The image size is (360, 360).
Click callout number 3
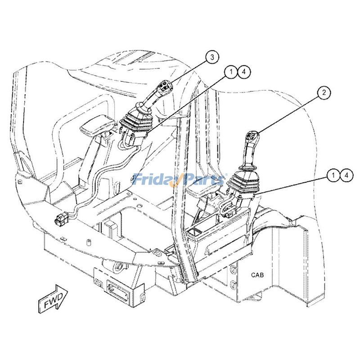212,57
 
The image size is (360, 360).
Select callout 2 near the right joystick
324,93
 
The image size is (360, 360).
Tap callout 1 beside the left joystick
231,72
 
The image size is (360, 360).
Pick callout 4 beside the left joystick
244,72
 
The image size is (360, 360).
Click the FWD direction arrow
53,299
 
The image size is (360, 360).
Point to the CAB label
257,275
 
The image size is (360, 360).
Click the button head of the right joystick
252,136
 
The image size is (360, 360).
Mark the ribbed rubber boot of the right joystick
243,184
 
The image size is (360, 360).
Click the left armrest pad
97,126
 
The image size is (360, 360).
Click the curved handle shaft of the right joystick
248,156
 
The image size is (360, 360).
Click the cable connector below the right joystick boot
229,215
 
